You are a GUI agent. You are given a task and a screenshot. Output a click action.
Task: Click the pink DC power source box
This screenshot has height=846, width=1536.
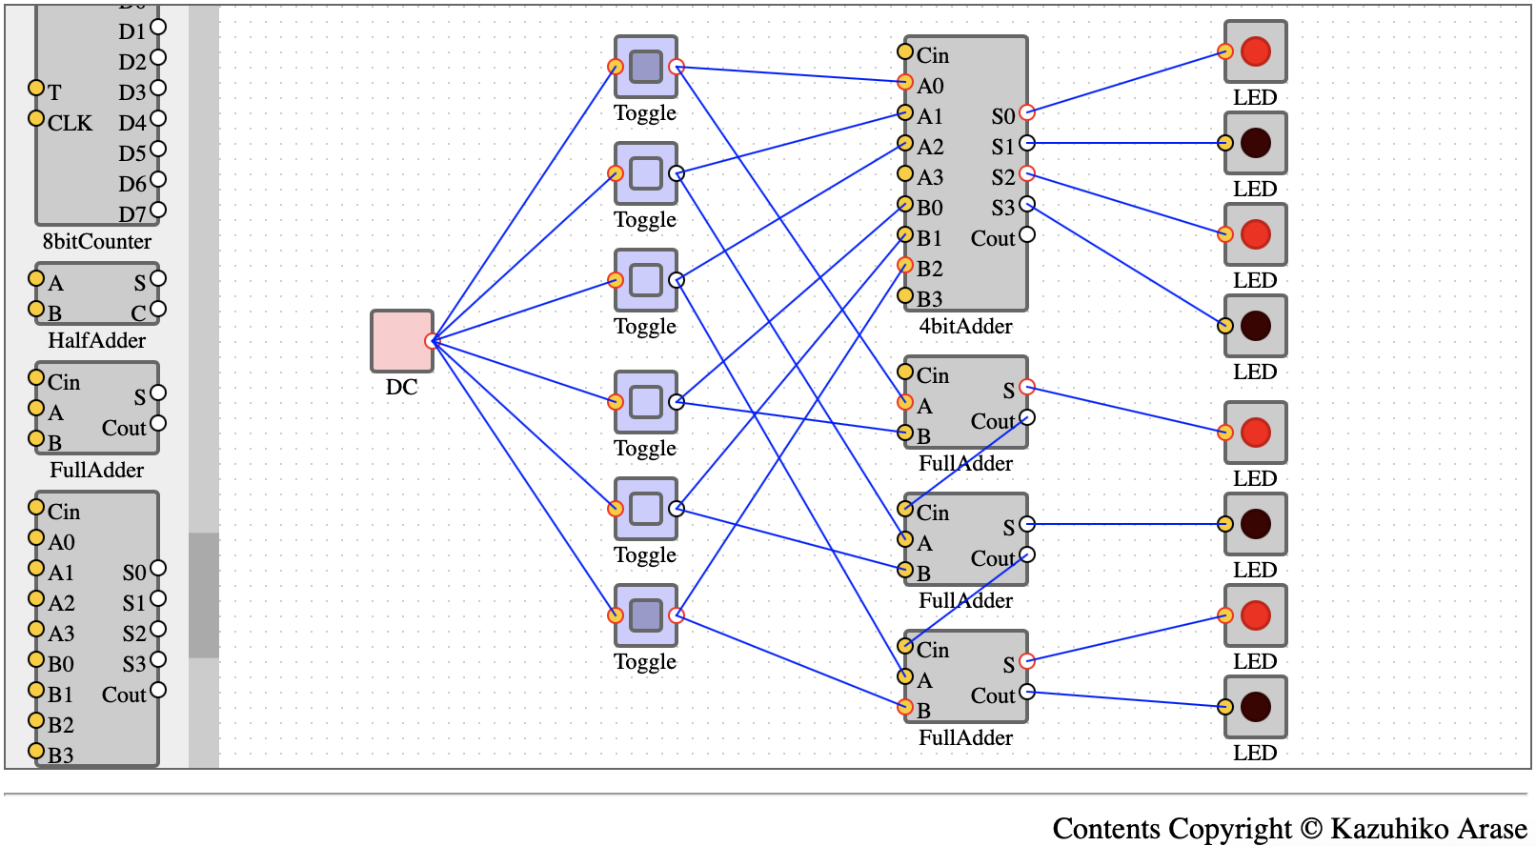click(402, 341)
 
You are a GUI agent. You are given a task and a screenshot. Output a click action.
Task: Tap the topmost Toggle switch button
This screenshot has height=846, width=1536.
click(645, 67)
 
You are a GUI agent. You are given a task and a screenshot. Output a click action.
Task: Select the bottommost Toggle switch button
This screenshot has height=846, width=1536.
click(645, 614)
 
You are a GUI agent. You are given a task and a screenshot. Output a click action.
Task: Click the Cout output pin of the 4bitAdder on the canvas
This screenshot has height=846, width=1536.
click(1026, 234)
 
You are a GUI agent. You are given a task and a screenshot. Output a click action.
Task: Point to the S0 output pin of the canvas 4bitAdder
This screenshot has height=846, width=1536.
click(1026, 112)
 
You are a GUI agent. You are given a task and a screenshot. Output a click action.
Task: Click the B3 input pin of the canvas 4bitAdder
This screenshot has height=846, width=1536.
click(905, 295)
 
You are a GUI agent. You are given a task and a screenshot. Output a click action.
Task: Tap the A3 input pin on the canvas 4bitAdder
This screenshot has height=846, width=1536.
click(905, 173)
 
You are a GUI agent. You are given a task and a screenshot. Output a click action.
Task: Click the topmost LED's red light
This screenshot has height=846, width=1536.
click(1256, 51)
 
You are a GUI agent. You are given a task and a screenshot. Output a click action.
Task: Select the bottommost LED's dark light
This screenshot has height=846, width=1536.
click(1256, 707)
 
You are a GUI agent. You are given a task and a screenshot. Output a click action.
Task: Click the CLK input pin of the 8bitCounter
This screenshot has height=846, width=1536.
click(36, 118)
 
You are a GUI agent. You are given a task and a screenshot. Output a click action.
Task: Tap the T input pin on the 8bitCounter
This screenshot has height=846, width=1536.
click(36, 88)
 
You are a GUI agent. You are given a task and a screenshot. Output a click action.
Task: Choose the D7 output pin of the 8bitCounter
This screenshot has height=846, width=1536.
click(158, 210)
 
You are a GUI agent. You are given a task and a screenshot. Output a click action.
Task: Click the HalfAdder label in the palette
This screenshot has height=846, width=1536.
click(96, 341)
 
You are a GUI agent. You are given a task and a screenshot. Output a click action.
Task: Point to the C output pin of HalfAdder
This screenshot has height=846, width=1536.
click(158, 310)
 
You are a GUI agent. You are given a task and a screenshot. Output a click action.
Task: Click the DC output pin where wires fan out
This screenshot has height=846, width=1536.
click(432, 341)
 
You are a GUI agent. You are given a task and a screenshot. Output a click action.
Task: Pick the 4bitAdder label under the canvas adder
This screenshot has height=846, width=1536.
click(965, 327)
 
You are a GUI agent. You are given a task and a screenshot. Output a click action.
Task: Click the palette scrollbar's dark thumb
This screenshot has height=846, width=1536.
click(204, 595)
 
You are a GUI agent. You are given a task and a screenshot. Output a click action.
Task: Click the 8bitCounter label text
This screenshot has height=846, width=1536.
click(96, 241)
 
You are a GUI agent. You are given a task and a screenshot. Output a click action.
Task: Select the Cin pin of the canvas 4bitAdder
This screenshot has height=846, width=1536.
click(905, 51)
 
